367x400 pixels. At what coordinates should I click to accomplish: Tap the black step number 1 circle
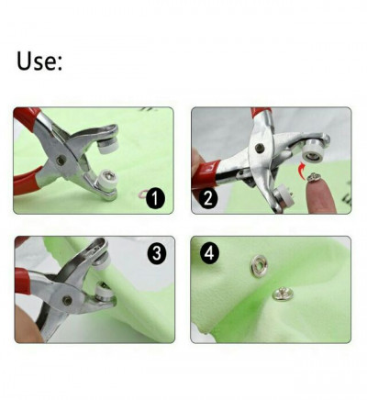(x=155, y=198)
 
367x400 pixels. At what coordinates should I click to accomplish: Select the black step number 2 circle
(x=207, y=199)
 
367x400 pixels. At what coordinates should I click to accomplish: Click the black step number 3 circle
(x=157, y=253)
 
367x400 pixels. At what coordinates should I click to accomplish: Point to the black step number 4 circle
(x=209, y=253)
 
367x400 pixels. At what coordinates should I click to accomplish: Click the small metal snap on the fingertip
(x=314, y=177)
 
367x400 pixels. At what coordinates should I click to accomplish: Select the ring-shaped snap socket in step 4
(x=260, y=266)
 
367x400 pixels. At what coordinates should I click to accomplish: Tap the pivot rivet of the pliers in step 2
(x=260, y=148)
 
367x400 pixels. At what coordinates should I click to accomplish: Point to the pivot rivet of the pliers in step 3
(x=68, y=300)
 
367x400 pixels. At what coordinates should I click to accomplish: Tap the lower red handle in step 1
(x=27, y=183)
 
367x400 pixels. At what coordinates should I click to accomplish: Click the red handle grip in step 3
(x=23, y=282)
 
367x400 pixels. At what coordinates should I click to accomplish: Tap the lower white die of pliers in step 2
(x=283, y=198)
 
